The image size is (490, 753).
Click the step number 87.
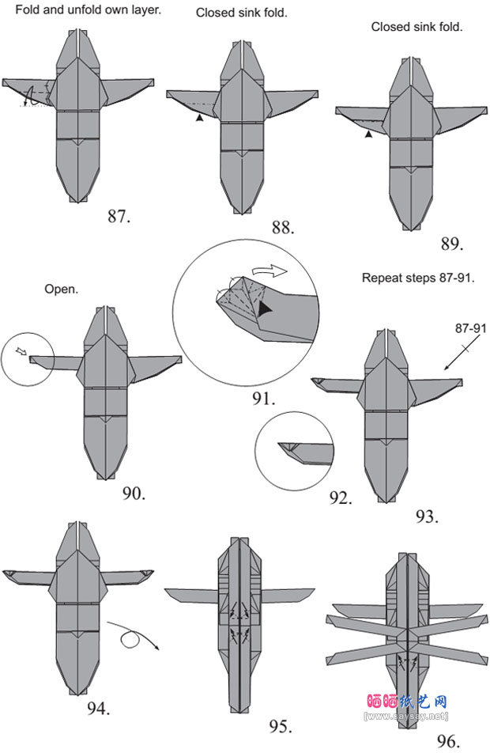point(119,216)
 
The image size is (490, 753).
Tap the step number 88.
point(282,228)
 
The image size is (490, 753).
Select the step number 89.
point(451,244)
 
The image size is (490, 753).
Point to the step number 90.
point(134,494)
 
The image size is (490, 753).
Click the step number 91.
point(264,399)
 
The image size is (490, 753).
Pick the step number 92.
point(341,498)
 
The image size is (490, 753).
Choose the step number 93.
point(426,517)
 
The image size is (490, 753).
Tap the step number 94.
point(98,707)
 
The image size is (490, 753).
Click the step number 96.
point(447,741)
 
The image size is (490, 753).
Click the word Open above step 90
point(61,289)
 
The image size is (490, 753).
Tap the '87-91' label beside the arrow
point(470,327)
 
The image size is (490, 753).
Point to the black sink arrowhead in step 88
point(200,117)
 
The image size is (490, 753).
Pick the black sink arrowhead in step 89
point(368,134)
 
